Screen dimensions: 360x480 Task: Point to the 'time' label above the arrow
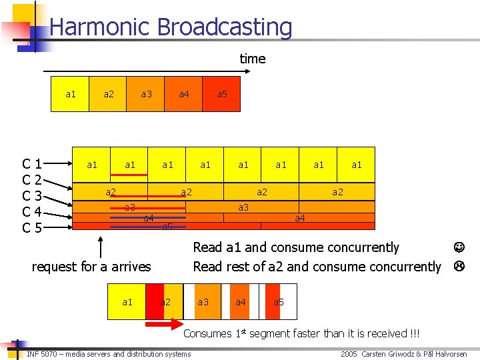coord(252,59)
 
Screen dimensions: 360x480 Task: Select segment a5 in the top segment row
coord(222,94)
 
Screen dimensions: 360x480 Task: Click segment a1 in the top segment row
coord(70,94)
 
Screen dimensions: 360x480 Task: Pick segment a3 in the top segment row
coord(146,94)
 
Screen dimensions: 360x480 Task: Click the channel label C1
coord(33,164)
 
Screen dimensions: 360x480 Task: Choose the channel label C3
coord(33,196)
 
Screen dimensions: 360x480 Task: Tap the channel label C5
coord(33,228)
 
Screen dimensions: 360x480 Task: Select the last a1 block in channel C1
coord(356,165)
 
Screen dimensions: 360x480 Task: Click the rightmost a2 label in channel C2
coord(337,192)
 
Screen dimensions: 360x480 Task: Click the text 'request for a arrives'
coord(91,267)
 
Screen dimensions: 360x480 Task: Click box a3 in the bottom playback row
coord(203,302)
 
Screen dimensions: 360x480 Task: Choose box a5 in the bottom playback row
coord(279,302)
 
